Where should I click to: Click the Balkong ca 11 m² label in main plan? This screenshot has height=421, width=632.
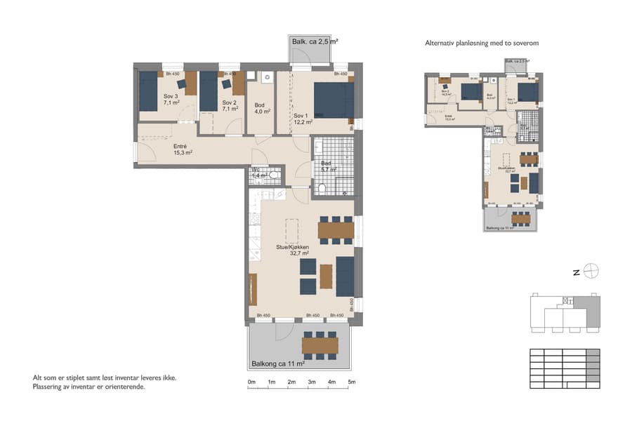tap(277, 364)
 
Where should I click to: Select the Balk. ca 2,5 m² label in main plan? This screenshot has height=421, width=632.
tap(315, 42)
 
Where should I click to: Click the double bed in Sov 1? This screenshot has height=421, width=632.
tap(331, 100)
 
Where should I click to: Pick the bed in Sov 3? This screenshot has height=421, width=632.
tap(148, 92)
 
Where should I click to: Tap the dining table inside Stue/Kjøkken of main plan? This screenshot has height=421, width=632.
tap(336, 229)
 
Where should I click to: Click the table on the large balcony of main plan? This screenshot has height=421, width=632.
tap(320, 345)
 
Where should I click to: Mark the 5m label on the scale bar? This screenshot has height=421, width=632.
tap(351, 382)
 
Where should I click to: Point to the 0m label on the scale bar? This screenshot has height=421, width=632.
tap(251, 382)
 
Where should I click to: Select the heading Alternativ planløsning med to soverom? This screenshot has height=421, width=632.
tap(482, 44)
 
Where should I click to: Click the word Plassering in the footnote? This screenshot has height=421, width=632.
tap(48, 387)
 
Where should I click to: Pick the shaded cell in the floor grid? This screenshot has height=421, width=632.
tap(593, 354)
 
